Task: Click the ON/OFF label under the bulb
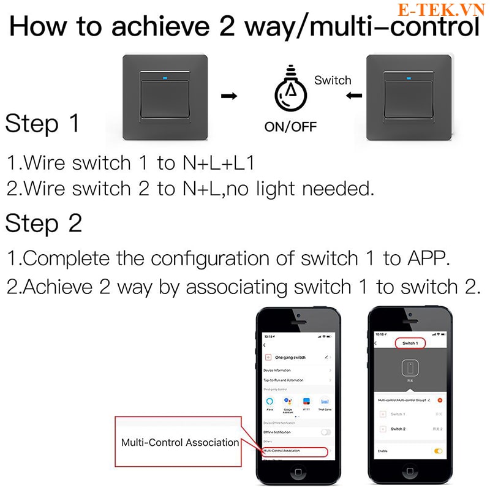click(x=290, y=127)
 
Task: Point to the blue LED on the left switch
click(x=165, y=78)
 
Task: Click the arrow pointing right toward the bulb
click(x=228, y=96)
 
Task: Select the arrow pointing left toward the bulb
click(x=352, y=96)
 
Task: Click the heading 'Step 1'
click(x=43, y=124)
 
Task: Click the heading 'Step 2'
click(x=43, y=224)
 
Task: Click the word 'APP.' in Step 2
click(x=426, y=258)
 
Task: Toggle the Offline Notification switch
click(x=325, y=432)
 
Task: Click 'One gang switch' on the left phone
click(x=290, y=357)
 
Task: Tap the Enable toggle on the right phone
click(x=438, y=451)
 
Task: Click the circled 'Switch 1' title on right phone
click(x=409, y=344)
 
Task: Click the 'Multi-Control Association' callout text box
click(x=179, y=442)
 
